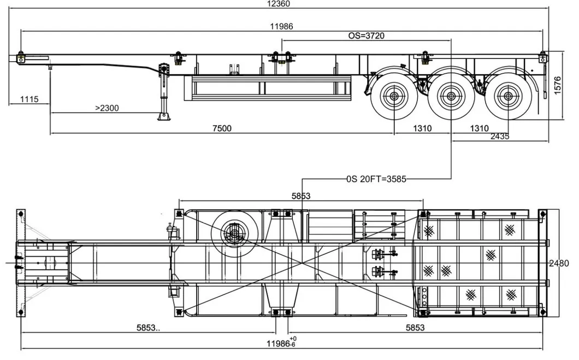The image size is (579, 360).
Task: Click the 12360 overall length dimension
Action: pyautogui.click(x=278, y=4)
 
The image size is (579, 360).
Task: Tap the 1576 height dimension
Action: pyautogui.click(x=557, y=85)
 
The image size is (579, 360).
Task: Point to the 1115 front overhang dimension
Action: pyautogui.click(x=29, y=99)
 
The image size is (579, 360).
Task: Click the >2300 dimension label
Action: pyautogui.click(x=107, y=108)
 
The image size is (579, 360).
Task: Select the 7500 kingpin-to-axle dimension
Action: pyautogui.click(x=222, y=128)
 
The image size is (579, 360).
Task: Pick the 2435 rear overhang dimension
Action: pyautogui.click(x=499, y=136)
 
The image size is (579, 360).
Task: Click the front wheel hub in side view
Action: pyautogui.click(x=394, y=97)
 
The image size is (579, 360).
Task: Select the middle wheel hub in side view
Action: pyautogui.click(x=451, y=97)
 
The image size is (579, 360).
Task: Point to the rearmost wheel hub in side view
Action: pyautogui.click(x=507, y=97)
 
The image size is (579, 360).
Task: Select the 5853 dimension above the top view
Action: pyautogui.click(x=301, y=196)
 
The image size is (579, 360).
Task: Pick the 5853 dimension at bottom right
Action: pyautogui.click(x=416, y=327)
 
